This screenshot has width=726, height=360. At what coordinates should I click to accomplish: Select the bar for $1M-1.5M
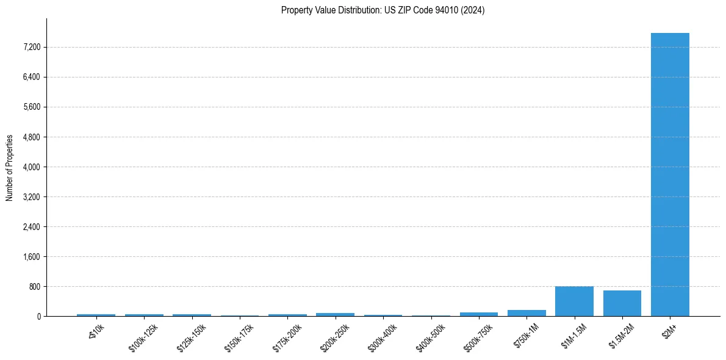pyautogui.click(x=574, y=301)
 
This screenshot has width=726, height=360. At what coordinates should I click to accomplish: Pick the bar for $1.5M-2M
pyautogui.click(x=622, y=303)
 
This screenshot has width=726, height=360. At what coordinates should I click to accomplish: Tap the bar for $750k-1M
pyautogui.click(x=527, y=313)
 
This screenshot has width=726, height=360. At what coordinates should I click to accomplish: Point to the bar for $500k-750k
pyautogui.click(x=478, y=314)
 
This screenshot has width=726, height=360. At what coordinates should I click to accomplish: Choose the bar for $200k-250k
pyautogui.click(x=335, y=314)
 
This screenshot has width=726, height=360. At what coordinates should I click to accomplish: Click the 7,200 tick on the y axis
pyautogui.click(x=30, y=47)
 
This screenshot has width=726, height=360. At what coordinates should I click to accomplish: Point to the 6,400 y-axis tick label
pyautogui.click(x=30, y=77)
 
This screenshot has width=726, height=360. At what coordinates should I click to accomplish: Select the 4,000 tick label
pyautogui.click(x=30, y=167)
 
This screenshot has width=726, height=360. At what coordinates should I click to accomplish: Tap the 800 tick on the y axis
pyautogui.click(x=34, y=286)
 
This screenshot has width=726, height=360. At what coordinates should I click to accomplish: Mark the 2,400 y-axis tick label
pyautogui.click(x=30, y=226)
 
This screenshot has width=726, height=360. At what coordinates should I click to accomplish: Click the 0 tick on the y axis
pyautogui.click(x=38, y=316)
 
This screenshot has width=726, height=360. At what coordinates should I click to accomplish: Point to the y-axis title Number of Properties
pyautogui.click(x=10, y=167)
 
